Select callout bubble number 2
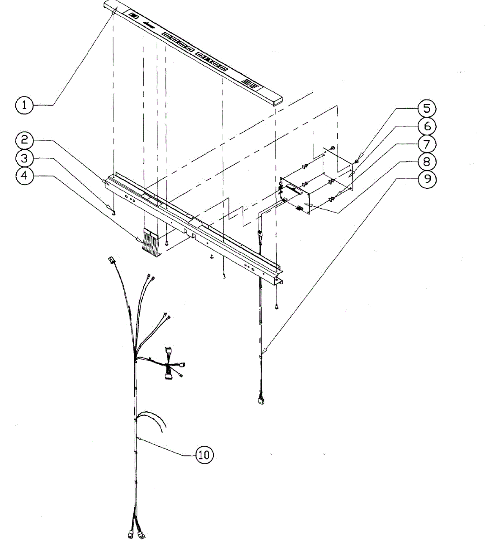pos(24,140)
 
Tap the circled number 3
pos(24,158)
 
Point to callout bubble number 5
pos(427,109)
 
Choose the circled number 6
pos(427,126)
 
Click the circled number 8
pos(427,162)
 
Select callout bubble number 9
pos(427,179)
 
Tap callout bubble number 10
pos(204,454)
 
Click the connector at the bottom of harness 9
pos(260,400)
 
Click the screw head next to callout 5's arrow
pos(357,161)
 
